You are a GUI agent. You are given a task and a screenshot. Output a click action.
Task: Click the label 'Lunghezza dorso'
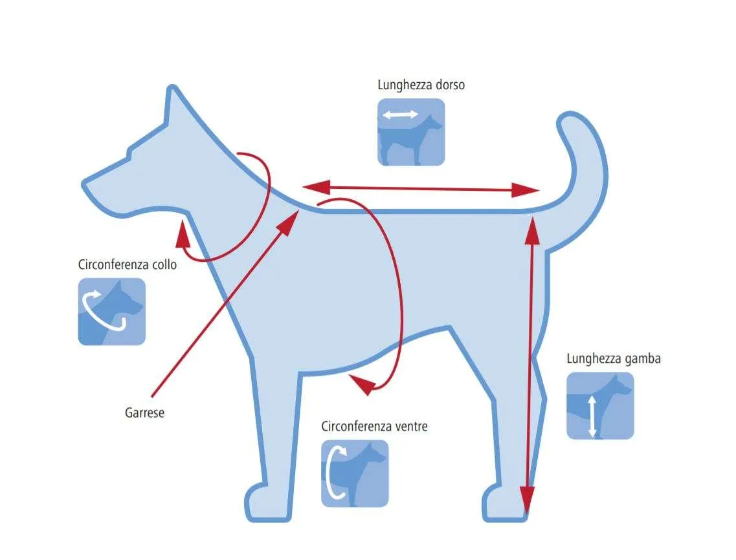421,85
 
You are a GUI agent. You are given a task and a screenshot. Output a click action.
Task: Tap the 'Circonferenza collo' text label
127,264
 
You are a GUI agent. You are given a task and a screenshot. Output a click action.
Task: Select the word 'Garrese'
144,413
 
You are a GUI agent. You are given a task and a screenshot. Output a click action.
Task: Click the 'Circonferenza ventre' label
374,427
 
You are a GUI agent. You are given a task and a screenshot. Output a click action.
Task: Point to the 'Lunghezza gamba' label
614,359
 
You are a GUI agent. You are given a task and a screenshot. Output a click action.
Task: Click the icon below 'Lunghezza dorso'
411,132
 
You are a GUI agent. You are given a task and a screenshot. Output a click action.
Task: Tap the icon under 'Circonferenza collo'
112,311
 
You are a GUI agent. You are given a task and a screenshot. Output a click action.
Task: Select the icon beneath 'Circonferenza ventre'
355,473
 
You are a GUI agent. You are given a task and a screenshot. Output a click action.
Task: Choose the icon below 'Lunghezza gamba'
600,406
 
